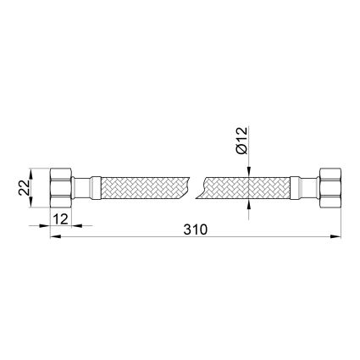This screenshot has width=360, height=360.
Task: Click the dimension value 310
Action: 196,230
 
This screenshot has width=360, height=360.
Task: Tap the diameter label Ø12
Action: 242,141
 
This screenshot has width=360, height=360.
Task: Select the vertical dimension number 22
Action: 24,188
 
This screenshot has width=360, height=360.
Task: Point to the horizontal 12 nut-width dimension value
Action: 61,219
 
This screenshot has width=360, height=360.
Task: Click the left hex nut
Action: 61,188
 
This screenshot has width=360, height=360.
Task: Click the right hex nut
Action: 330,188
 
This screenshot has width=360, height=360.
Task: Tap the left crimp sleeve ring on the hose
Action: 96,188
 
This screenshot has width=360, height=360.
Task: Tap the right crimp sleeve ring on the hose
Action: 295,188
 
